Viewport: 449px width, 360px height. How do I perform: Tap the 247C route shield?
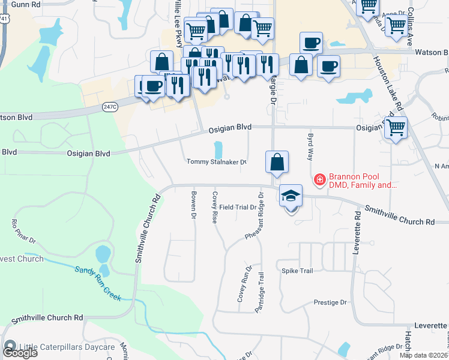[109, 107]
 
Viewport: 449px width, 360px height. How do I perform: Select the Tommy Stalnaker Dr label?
[217, 162]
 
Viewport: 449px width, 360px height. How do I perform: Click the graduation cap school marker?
[291, 197]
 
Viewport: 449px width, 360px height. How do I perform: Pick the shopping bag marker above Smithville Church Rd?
[277, 162]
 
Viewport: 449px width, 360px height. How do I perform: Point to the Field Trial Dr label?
[238, 207]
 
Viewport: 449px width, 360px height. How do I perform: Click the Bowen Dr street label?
[194, 205]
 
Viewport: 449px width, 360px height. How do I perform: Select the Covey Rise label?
[214, 207]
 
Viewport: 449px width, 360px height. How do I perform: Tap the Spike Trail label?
[297, 271]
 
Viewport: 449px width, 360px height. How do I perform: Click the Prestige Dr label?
[331, 302]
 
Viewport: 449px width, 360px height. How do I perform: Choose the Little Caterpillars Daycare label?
[67, 347]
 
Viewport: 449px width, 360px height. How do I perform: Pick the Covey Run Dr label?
[243, 284]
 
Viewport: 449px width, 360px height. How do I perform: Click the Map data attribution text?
[424, 355]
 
